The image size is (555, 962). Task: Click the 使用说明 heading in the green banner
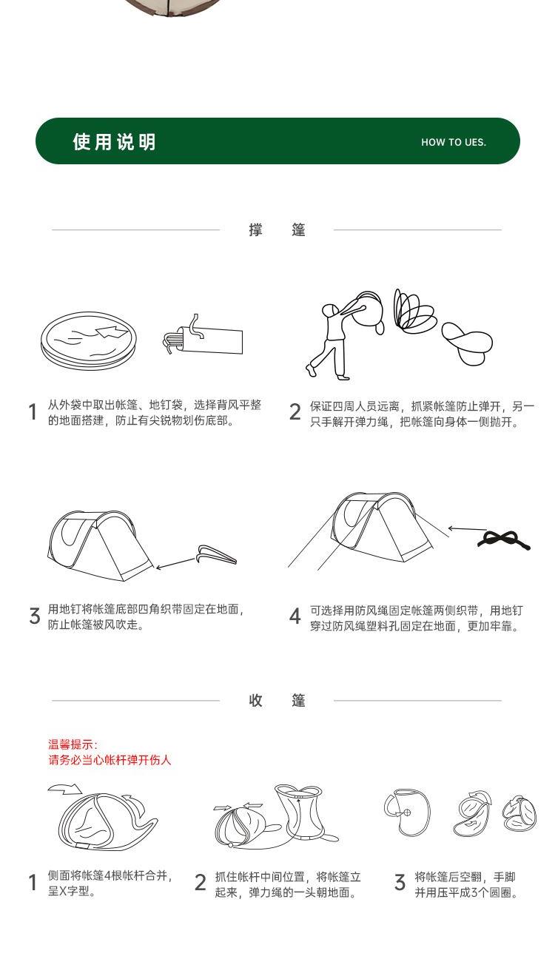click(x=114, y=142)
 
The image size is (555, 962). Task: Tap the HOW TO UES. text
click(x=454, y=142)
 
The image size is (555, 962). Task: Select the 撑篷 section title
click(x=277, y=229)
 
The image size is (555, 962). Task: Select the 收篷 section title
click(x=277, y=701)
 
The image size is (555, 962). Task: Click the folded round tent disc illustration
click(x=89, y=340)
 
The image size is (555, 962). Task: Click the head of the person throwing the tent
click(x=330, y=310)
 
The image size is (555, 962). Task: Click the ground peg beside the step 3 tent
click(x=217, y=554)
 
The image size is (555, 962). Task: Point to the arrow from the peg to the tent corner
click(x=176, y=563)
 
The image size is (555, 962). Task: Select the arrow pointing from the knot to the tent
click(x=467, y=528)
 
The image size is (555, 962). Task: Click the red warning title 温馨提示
click(x=73, y=744)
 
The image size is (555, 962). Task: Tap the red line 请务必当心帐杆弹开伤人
click(x=110, y=760)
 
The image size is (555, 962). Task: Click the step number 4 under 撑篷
click(x=295, y=616)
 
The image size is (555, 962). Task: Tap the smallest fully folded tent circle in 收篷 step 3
click(x=519, y=811)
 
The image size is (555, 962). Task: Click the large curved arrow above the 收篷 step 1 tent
click(x=64, y=788)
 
